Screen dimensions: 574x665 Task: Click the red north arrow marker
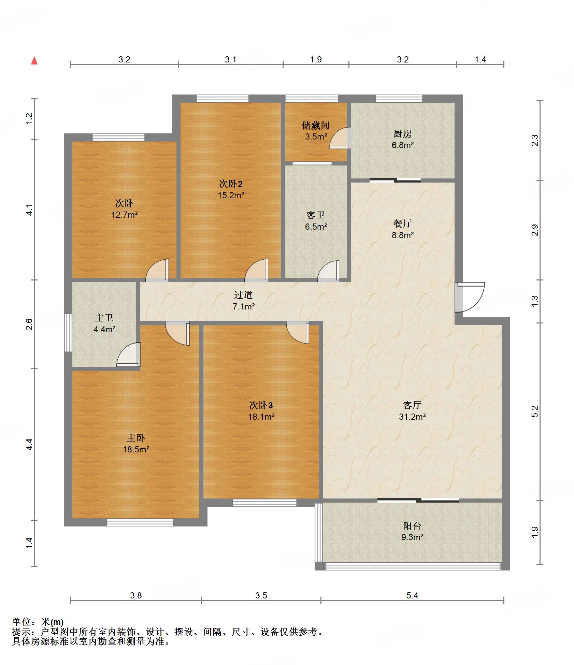tap(34, 61)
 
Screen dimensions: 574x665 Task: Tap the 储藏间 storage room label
tap(316, 126)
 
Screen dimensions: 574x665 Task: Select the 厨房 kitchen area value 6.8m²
tap(403, 145)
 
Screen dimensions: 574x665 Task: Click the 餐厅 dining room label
tap(403, 224)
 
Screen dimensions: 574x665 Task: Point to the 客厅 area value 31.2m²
tap(412, 417)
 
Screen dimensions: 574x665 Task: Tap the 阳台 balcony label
tap(412, 526)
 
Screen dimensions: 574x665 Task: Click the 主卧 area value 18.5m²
tap(136, 449)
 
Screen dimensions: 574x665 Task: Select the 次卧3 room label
tap(261, 405)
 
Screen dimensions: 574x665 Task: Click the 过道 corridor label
tap(243, 295)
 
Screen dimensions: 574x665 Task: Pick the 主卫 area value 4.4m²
tap(104, 329)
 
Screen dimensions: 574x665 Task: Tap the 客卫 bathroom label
tap(316, 215)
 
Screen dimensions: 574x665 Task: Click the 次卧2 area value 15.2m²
tap(231, 195)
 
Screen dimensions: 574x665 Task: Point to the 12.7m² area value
tap(125, 215)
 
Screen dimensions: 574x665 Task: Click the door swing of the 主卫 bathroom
tap(128, 355)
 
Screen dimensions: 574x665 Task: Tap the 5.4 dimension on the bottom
tap(412, 595)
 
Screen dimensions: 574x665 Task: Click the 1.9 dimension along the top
tap(316, 59)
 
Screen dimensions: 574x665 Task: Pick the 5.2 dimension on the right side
tap(535, 411)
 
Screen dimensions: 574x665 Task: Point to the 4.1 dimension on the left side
tap(30, 210)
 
